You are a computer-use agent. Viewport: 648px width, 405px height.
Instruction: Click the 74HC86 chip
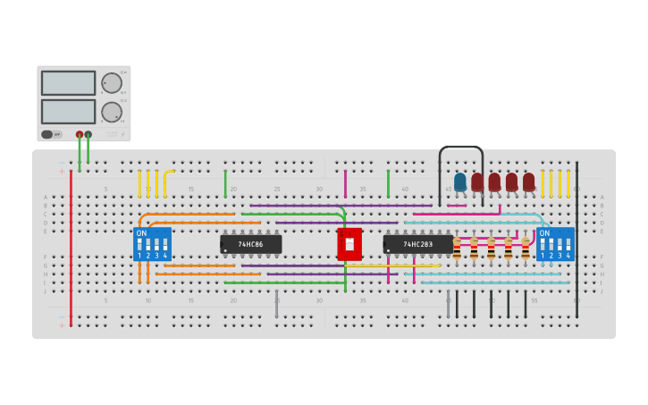250,244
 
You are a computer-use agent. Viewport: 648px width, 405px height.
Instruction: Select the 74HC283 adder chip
417,244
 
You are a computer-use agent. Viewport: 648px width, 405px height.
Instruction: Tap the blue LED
460,181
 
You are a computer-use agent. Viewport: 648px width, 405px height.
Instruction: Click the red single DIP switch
349,244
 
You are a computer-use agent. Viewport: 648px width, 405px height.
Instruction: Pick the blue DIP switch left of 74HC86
152,244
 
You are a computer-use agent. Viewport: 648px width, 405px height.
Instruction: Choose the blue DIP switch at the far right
555,244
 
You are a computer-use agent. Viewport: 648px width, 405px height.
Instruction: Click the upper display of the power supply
68,83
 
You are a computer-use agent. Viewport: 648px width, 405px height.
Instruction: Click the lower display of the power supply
68,112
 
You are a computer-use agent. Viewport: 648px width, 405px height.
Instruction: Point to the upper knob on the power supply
112,83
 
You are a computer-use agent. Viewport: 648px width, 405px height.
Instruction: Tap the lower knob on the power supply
112,112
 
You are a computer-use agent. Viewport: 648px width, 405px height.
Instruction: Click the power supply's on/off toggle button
52,134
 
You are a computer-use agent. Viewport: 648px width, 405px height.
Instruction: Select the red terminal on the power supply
80,134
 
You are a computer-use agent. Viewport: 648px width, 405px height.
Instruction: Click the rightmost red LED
528,181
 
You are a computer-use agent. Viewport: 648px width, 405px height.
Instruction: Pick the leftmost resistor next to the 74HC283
457,248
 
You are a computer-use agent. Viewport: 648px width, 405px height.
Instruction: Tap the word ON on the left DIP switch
141,233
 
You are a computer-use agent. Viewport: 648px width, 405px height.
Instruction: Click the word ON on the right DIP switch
543,233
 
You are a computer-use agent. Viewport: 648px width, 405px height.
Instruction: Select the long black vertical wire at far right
576,237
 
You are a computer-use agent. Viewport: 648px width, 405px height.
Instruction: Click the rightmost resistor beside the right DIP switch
526,248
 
